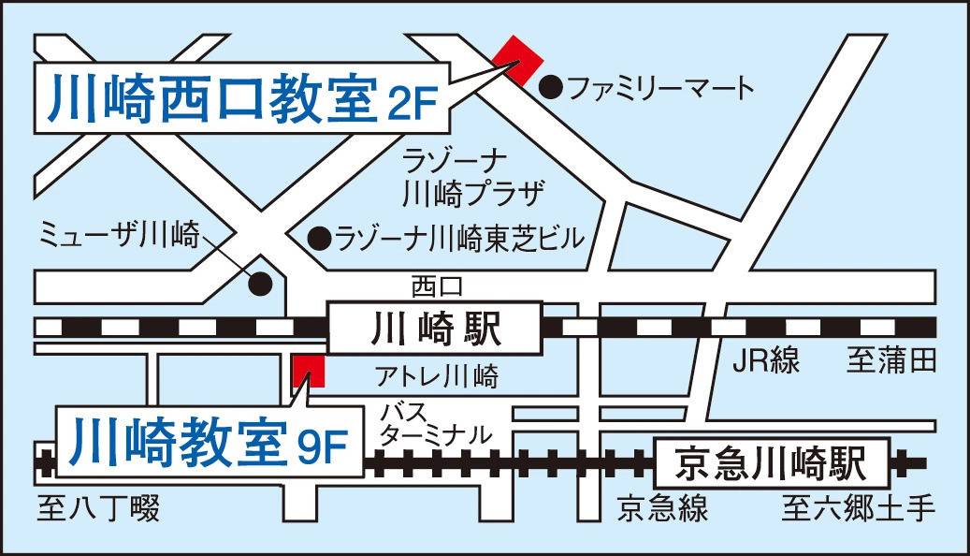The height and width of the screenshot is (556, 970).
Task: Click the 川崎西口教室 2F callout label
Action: pyautogui.click(x=239, y=99)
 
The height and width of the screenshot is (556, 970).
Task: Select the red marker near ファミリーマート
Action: pyautogui.click(x=518, y=60)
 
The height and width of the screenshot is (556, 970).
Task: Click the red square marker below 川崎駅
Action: pyautogui.click(x=308, y=371)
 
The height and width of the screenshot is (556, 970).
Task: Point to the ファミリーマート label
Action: pyautogui.click(x=660, y=89)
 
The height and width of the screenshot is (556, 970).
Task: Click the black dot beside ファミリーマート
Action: pyautogui.click(x=553, y=88)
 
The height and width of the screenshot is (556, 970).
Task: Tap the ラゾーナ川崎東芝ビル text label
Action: pyautogui.click(x=459, y=238)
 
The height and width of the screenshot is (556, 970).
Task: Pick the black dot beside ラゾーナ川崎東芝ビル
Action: pyautogui.click(x=320, y=238)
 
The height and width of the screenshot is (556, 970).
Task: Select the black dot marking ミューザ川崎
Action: pyautogui.click(x=261, y=283)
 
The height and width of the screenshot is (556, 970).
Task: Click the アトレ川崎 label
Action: pyautogui.click(x=437, y=377)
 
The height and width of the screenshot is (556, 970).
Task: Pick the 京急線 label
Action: pyautogui.click(x=662, y=509)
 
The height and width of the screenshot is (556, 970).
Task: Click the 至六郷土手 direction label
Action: pyautogui.click(x=859, y=509)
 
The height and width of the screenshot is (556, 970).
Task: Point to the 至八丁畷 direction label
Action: pyautogui.click(x=99, y=509)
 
